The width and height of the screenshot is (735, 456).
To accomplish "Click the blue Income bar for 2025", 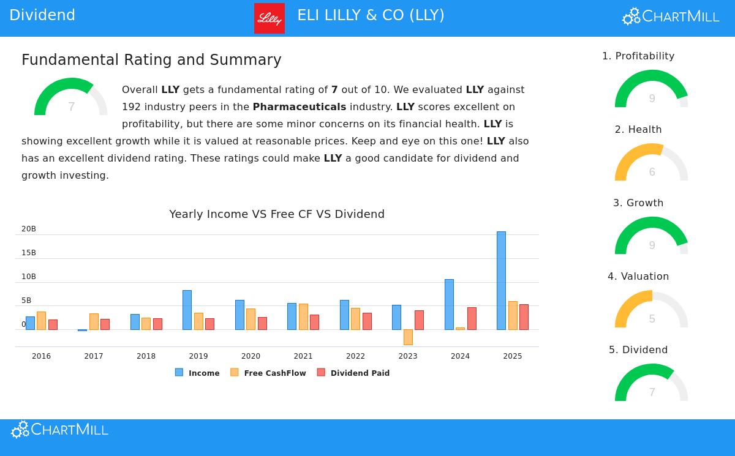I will (501, 280).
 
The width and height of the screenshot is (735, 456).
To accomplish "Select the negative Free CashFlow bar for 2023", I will (408, 337).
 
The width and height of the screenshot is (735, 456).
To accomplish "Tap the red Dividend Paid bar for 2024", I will (472, 318).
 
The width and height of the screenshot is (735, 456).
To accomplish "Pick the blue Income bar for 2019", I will (187, 310).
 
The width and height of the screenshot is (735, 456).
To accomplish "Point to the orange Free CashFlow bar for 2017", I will (94, 321).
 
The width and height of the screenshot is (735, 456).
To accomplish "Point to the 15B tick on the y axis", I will (29, 253).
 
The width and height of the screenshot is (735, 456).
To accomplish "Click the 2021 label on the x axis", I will (303, 356).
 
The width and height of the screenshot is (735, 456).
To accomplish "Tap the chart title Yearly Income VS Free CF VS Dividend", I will (277, 214).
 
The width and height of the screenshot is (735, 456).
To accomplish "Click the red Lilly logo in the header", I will (269, 18).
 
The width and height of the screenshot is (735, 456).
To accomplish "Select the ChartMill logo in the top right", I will (671, 17).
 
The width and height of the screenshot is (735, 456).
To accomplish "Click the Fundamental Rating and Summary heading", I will (151, 60).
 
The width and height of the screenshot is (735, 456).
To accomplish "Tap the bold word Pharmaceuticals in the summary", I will (300, 107).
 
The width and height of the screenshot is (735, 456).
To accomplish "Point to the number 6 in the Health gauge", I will (652, 172).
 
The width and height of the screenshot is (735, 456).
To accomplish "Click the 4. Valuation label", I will (638, 277).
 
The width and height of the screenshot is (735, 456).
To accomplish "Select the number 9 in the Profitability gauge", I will (652, 99).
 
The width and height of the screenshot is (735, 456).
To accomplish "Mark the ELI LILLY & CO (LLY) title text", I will (371, 15).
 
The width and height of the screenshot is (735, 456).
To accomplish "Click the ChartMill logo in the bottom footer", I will (59, 430).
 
